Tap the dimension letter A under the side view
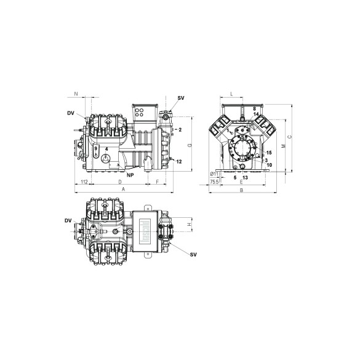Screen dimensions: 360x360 pyautogui.click(x=124, y=191)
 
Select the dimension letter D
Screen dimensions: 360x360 pyautogui.click(x=119, y=183)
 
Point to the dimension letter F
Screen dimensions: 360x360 pyautogui.click(x=158, y=183)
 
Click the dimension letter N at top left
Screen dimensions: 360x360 pyautogui.click(x=76, y=94)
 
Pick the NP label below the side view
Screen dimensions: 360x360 pyautogui.click(x=130, y=175)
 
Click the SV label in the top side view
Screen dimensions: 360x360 pyautogui.click(x=180, y=98)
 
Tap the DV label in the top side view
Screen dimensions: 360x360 pyautogui.click(x=71, y=113)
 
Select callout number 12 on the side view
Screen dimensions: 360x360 pyautogui.click(x=179, y=161)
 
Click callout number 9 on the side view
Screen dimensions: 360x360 pyautogui.click(x=96, y=148)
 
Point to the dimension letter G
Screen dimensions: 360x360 pyautogui.click(x=190, y=145)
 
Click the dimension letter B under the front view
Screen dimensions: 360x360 pyautogui.click(x=241, y=191)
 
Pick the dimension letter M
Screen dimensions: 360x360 pyautogui.click(x=283, y=146)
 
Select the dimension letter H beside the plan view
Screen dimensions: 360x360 pyautogui.click(x=189, y=225)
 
